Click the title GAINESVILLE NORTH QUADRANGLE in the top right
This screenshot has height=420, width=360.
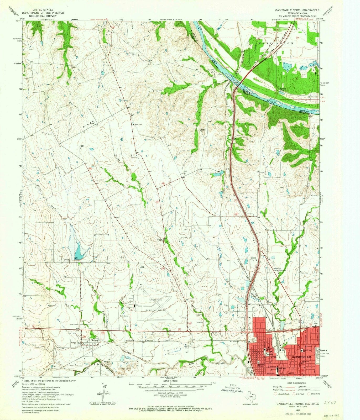297,10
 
